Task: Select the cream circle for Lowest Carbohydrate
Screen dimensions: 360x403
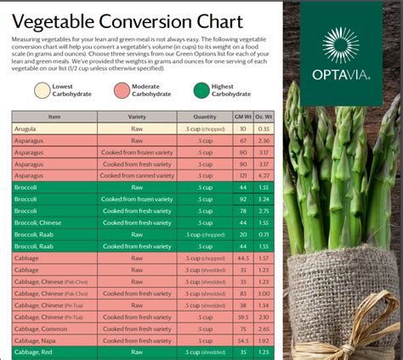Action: [42, 90]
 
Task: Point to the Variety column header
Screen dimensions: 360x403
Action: [137, 117]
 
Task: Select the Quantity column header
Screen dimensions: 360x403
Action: [205, 117]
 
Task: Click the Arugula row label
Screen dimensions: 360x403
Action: [26, 129]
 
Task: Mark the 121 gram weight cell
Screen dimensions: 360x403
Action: [242, 175]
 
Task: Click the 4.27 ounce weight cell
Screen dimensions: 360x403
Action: [264, 175]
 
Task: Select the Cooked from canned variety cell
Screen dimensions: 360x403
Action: [137, 175]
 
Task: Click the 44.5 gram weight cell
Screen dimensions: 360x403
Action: [242, 257]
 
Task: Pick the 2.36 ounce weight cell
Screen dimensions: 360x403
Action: [264, 140]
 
